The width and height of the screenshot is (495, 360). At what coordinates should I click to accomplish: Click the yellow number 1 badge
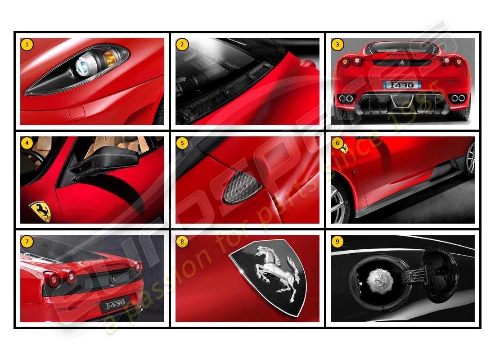click(x=27, y=44)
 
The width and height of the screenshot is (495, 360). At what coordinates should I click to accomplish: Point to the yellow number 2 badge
click(x=182, y=44)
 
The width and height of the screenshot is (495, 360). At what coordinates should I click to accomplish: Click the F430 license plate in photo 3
click(x=402, y=84)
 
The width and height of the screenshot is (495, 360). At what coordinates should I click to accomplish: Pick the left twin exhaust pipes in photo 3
click(x=346, y=99)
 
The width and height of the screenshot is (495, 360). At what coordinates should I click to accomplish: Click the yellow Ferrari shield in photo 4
click(x=40, y=211)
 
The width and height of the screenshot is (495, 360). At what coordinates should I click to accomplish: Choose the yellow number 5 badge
click(x=182, y=143)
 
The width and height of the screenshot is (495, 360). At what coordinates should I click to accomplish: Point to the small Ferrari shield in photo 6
click(x=344, y=148)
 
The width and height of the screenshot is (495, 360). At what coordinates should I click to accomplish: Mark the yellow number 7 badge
click(x=27, y=242)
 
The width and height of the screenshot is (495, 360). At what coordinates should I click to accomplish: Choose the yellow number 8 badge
click(x=182, y=242)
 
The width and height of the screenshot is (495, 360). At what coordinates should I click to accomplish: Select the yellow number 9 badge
click(x=337, y=242)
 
